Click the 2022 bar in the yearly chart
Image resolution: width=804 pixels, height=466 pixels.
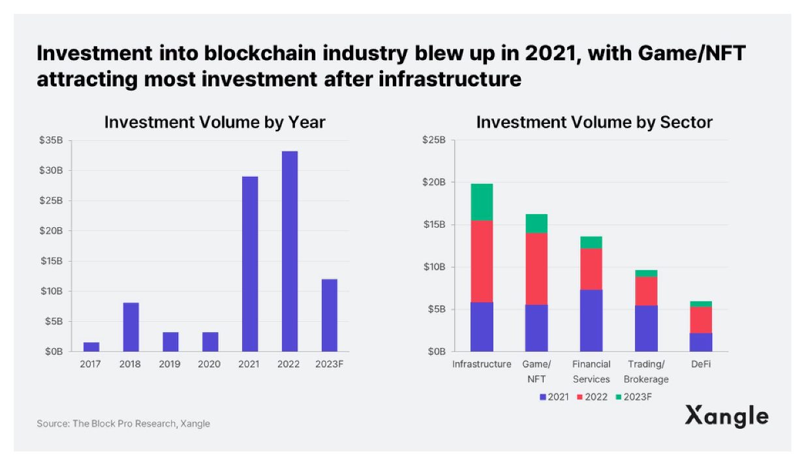[290, 251]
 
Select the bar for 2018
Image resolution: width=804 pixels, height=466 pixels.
[131, 327]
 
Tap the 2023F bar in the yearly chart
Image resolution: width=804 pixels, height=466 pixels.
[329, 315]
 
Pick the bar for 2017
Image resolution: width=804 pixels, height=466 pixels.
[91, 347]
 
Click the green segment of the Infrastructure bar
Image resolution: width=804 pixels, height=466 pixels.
[482, 202]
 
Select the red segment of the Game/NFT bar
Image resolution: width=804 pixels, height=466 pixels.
[536, 269]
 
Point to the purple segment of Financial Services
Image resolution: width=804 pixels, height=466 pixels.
[591, 320]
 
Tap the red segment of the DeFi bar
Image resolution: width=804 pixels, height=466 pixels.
[700, 320]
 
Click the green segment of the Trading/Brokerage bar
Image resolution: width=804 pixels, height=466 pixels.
[646, 273]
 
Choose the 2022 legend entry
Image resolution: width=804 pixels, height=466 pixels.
[595, 397]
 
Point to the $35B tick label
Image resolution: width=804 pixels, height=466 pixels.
[51, 140]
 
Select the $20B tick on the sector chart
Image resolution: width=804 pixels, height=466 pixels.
[433, 182]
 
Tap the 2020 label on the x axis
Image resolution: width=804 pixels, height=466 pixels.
[209, 364]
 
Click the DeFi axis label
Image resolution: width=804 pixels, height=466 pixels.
[700, 364]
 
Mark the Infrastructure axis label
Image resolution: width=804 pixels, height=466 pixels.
[482, 364]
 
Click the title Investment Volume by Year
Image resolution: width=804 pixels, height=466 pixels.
[215, 122]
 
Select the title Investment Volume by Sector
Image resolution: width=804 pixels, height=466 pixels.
[594, 122]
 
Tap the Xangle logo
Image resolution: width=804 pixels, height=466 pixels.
[726, 416]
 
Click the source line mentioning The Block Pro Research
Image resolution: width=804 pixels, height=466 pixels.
[123, 424]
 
